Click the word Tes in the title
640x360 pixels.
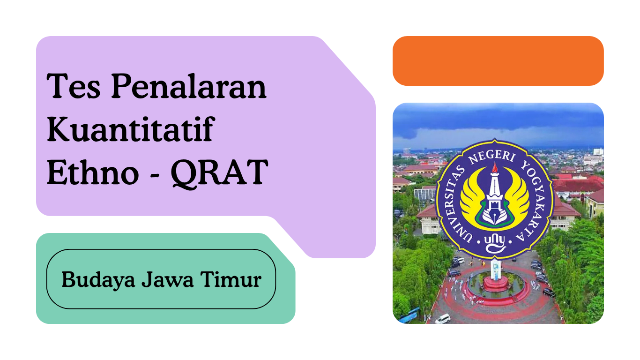point(74,86)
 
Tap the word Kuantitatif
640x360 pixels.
point(131,129)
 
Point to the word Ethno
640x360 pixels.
point(93,172)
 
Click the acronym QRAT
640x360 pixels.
point(219,173)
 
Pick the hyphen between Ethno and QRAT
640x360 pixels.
point(155,175)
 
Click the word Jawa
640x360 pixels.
point(168,279)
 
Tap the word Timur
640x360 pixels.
point(231,279)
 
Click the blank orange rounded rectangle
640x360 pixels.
point(498,61)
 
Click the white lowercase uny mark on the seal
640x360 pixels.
point(495,244)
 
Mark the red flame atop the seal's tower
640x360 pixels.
point(495,167)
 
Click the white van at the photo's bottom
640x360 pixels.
point(443,319)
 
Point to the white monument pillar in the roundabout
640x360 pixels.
point(496,270)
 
